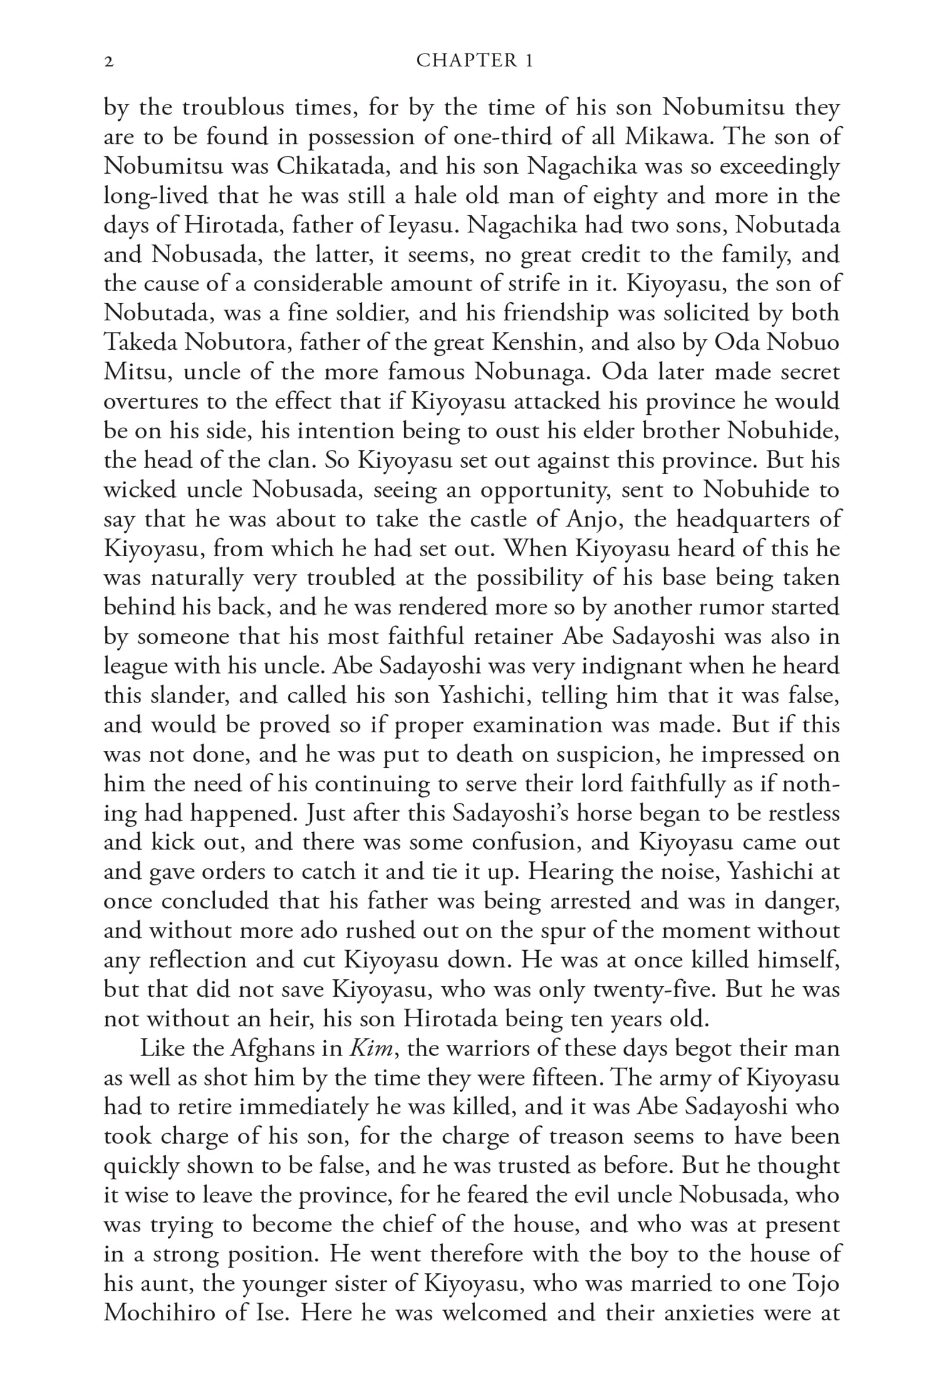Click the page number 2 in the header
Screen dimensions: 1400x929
(x=109, y=62)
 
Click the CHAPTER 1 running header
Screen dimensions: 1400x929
(x=474, y=60)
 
